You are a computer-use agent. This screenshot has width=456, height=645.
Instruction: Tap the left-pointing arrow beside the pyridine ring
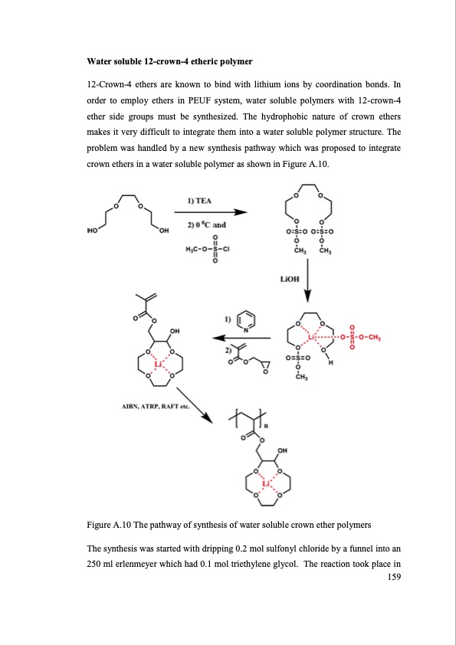[x=241, y=337]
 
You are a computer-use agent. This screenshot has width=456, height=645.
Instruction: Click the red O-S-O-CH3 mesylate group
[x=365, y=337]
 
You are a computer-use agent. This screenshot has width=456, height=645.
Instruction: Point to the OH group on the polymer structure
[x=284, y=450]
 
